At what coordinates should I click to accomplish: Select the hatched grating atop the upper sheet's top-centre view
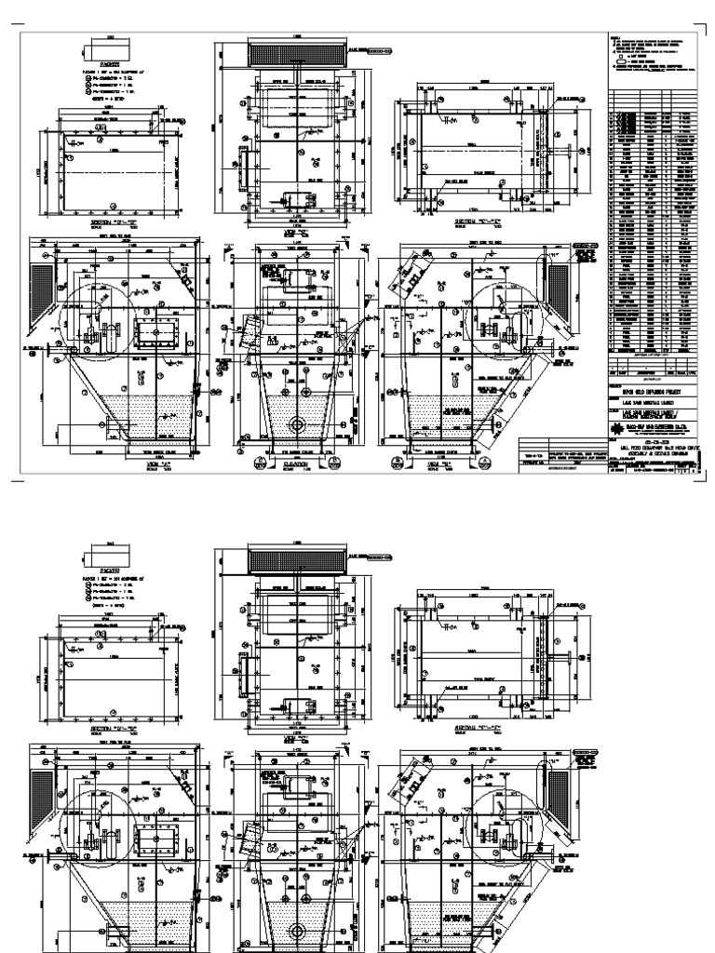(x=297, y=54)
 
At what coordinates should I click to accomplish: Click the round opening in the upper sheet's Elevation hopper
(x=298, y=424)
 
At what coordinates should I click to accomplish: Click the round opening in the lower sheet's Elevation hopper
(x=298, y=931)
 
